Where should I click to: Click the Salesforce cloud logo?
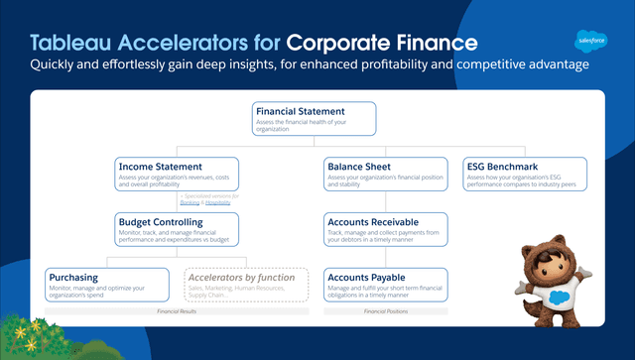click(x=590, y=41)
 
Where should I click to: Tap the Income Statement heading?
click(x=160, y=166)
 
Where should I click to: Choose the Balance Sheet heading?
click(x=360, y=166)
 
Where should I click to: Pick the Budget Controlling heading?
click(x=161, y=221)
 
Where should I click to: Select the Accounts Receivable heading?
click(x=378, y=221)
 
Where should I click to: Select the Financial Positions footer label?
click(x=388, y=311)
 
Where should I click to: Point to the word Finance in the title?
click(x=433, y=43)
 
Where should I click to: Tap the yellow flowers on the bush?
click(x=35, y=324)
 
